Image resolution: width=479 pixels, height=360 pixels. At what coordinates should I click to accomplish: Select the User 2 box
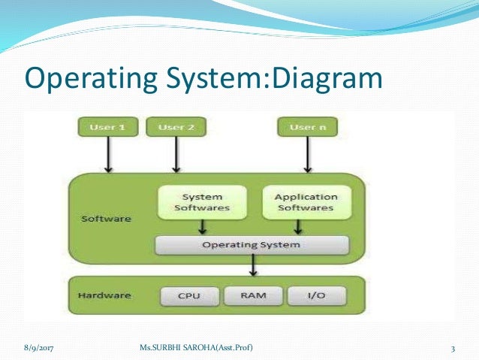(176, 128)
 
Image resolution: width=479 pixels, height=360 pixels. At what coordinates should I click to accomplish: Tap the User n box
(307, 128)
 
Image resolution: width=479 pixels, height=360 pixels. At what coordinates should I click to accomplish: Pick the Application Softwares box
(306, 201)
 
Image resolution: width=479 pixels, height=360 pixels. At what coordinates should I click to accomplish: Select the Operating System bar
(252, 245)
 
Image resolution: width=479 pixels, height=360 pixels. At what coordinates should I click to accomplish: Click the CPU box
(188, 295)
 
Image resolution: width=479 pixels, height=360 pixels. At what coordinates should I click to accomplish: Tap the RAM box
(252, 295)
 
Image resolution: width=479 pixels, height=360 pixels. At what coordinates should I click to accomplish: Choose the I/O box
(315, 295)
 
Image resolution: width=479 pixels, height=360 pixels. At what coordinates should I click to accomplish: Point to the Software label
(105, 219)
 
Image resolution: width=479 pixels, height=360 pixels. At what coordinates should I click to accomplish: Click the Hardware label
(105, 295)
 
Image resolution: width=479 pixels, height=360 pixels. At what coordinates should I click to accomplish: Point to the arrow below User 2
(176, 156)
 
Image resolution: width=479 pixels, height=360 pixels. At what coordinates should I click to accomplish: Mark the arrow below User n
(307, 156)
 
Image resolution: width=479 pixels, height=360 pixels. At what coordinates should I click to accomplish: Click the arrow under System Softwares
(200, 227)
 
